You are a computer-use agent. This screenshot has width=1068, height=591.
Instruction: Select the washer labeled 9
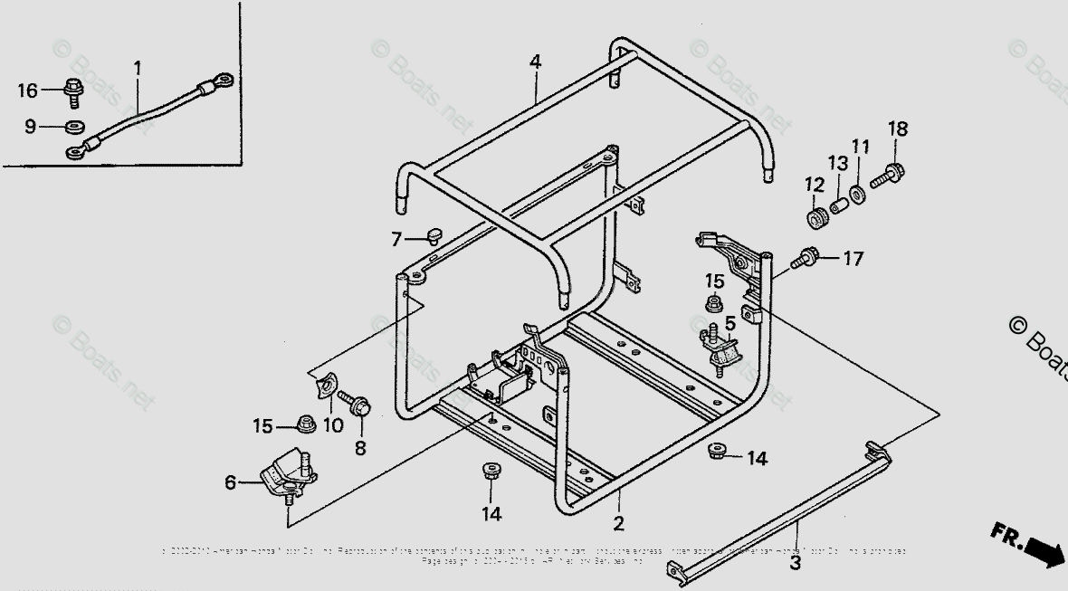74,126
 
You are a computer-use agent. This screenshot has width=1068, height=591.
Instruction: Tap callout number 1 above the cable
138,67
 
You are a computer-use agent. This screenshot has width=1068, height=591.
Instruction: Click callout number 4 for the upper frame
536,62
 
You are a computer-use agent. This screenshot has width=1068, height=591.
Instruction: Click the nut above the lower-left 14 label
491,471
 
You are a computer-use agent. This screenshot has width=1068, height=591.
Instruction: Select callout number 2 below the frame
619,523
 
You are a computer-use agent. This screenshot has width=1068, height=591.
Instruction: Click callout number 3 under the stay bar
796,563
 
